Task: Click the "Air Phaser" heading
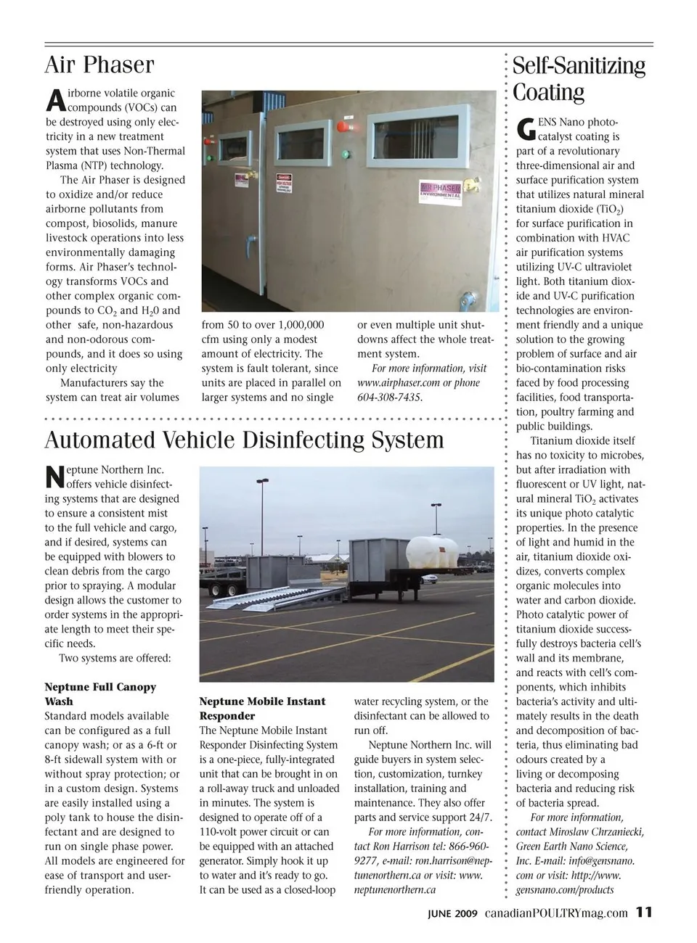(x=99, y=65)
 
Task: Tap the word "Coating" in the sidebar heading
(x=548, y=93)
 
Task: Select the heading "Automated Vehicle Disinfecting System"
(x=244, y=440)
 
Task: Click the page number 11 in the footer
(x=644, y=913)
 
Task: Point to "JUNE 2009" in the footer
(x=452, y=914)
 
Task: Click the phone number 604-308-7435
(x=389, y=398)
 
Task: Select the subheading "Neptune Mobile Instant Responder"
(x=262, y=709)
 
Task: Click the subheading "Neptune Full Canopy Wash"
(x=100, y=694)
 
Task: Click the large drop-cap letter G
(x=526, y=129)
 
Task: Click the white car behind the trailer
(x=427, y=578)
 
